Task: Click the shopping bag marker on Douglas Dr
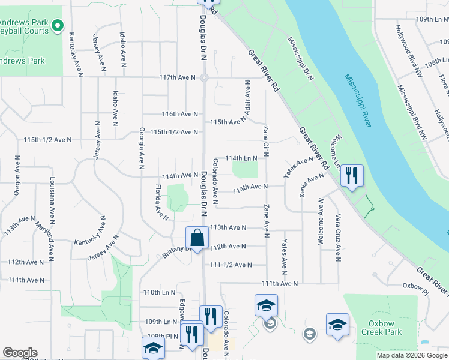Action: point(197,238)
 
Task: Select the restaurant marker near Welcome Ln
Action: point(352,176)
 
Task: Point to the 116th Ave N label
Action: point(180,114)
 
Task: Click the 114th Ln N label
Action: point(241,158)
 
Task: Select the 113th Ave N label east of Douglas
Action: point(228,228)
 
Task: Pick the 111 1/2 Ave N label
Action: point(231,265)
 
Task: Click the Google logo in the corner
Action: point(19,353)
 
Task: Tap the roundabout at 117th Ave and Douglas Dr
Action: point(204,77)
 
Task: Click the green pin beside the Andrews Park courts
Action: point(58,25)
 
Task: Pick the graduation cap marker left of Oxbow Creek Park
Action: point(337,324)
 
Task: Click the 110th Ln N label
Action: point(159,292)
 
